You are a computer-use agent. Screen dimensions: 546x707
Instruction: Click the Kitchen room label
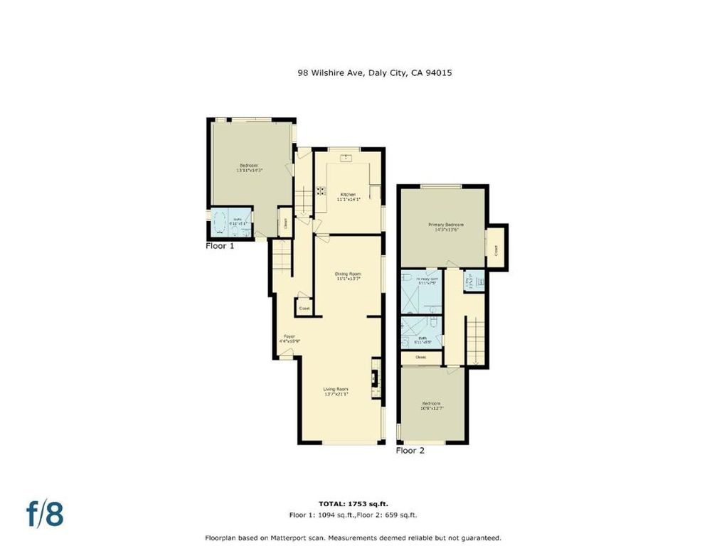[x=347, y=197]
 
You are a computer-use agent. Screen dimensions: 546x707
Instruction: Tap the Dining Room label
[x=349, y=276]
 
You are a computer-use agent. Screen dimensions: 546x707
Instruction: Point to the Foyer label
[x=289, y=338]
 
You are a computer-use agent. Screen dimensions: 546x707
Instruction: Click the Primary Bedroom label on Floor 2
[x=442, y=227]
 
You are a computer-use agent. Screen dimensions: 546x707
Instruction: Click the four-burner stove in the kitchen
[x=321, y=191]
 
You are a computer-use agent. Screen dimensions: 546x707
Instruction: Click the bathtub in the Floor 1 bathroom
[x=221, y=221]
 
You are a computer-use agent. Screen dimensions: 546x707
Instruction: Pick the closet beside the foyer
[x=304, y=308]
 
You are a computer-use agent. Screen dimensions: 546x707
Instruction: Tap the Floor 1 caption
[x=220, y=245]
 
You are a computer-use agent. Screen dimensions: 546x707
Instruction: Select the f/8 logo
[x=45, y=514]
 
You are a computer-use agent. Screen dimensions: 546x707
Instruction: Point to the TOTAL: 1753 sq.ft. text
[x=353, y=503]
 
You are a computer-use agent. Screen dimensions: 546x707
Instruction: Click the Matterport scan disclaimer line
[x=353, y=537]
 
